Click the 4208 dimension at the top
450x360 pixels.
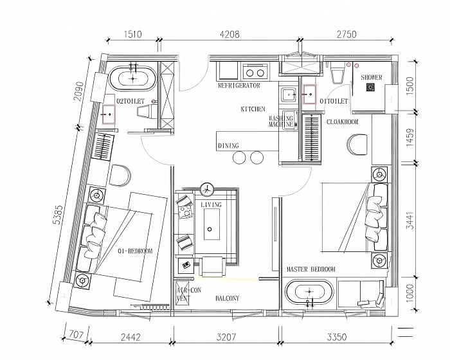(230, 35)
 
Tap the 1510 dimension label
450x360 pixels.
(133, 35)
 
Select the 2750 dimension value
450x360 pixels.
(346, 35)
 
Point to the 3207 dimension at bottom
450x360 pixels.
(226, 337)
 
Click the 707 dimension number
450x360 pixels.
(76, 335)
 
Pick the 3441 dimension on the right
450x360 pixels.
(411, 221)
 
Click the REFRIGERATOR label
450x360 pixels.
(239, 85)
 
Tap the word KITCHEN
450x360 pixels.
(253, 109)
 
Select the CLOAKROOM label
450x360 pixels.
(343, 122)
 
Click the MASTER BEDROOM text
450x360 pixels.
(311, 269)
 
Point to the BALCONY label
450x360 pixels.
(228, 298)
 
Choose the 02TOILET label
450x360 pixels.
(130, 101)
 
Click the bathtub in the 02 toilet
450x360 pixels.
(132, 78)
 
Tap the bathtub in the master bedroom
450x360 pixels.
(310, 292)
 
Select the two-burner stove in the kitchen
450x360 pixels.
(255, 73)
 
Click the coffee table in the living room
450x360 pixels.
(212, 224)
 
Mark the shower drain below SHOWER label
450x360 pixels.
(370, 87)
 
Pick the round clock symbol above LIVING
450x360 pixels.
(207, 189)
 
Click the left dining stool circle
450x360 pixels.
(239, 157)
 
